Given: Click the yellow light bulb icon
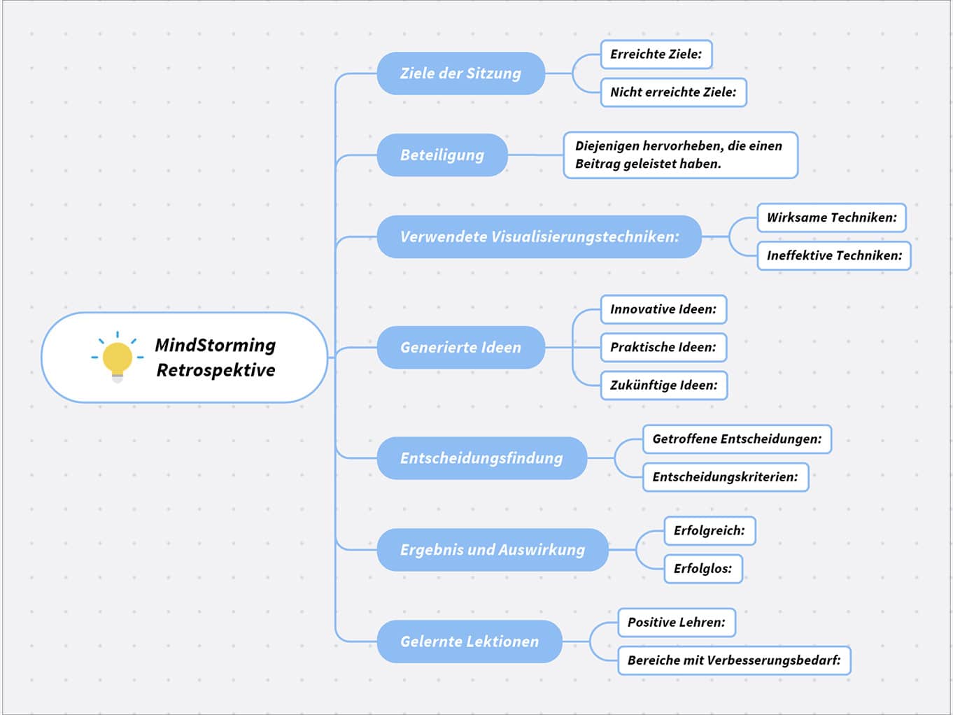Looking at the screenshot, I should click(x=118, y=357).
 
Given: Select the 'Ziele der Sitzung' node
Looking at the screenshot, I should click(x=460, y=73).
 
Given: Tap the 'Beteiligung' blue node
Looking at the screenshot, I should click(x=442, y=155).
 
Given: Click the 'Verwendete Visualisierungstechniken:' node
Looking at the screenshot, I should click(x=539, y=237).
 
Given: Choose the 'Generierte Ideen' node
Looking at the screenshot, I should click(x=460, y=348).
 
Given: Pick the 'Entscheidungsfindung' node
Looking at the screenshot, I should click(x=481, y=458).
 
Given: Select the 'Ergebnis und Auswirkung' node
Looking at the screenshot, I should click(x=492, y=550).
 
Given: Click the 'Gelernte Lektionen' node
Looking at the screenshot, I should click(x=469, y=642).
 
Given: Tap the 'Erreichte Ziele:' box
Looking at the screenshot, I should click(x=656, y=55).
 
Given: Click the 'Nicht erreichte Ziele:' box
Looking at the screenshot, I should click(x=673, y=92).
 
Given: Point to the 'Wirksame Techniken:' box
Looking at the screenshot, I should click(x=831, y=218).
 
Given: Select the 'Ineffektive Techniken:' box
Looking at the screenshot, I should click(x=833, y=255).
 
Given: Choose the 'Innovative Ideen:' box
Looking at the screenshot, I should click(x=663, y=309).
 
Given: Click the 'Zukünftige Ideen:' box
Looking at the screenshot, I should click(x=663, y=385).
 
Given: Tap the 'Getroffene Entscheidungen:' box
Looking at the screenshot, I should click(x=736, y=439).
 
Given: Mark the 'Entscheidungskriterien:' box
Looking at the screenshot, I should click(x=725, y=477).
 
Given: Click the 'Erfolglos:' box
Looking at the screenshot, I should click(x=703, y=569).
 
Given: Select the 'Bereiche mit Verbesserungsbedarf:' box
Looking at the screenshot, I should click(x=733, y=660).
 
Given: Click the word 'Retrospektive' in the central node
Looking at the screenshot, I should click(x=216, y=370).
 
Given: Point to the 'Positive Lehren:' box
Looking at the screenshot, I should click(x=676, y=623).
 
